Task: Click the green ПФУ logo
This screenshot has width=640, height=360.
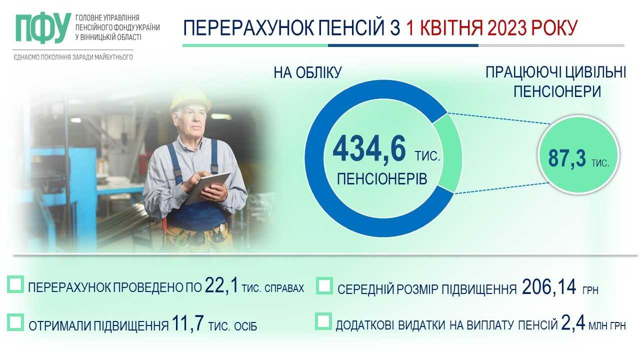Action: (x=43, y=27)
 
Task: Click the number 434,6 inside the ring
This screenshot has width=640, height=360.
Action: (x=369, y=149)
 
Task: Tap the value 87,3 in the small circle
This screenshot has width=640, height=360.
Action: (x=567, y=158)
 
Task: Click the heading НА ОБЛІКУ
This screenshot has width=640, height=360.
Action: (x=307, y=72)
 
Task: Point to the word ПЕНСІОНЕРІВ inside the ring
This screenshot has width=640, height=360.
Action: (x=382, y=179)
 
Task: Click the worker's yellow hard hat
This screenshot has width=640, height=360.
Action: (x=190, y=100)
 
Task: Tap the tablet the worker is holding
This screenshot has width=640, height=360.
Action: (x=208, y=187)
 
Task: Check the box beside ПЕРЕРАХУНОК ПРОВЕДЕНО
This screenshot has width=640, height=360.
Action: (x=15, y=284)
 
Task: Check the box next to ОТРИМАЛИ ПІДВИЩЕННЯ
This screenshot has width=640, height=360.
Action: (x=15, y=322)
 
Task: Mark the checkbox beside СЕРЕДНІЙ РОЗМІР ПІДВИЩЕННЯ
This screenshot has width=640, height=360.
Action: (x=324, y=285)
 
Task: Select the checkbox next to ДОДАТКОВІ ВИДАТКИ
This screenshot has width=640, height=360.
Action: (x=323, y=321)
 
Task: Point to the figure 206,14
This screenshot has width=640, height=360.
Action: (x=549, y=287)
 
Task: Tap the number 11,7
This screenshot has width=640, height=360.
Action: (x=187, y=323)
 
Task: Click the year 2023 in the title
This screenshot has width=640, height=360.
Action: (x=507, y=27)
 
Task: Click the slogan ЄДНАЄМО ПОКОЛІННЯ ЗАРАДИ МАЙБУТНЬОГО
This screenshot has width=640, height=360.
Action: (x=73, y=57)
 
